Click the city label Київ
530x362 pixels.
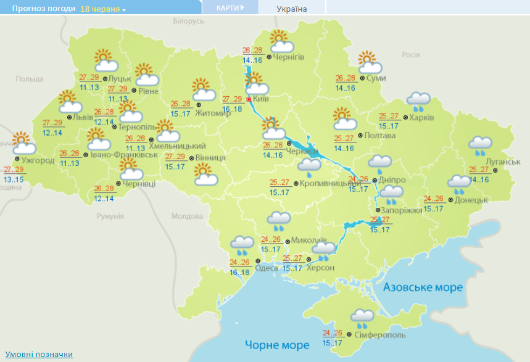point(261,99)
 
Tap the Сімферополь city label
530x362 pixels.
point(380,334)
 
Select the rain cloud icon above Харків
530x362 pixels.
point(418,102)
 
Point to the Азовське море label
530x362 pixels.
point(423,287)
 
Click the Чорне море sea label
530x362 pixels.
point(277,344)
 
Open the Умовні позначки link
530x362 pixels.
point(39,355)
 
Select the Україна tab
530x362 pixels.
point(291,9)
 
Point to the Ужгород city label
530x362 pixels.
point(38,160)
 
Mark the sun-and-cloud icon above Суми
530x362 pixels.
point(369,62)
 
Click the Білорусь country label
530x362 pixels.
point(188,21)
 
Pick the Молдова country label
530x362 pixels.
point(187,216)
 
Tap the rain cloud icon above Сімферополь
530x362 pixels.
point(362,318)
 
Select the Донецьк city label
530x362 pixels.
point(472,200)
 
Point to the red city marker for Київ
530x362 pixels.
point(249,99)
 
